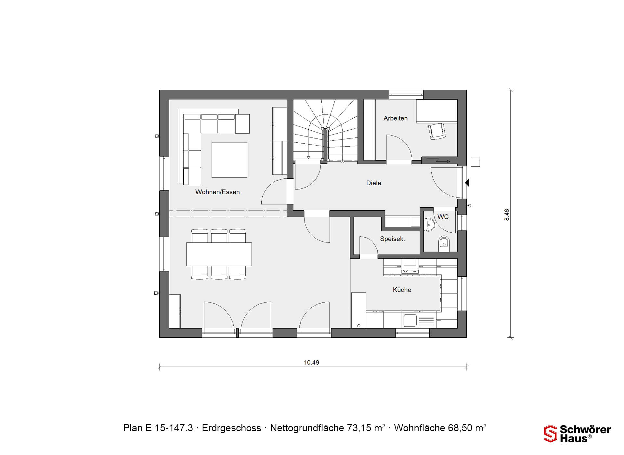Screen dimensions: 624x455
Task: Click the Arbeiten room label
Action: [x=395, y=118]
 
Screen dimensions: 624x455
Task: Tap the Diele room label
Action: [x=373, y=183]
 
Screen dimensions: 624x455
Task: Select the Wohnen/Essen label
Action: [x=217, y=192]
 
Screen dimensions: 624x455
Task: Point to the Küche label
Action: [x=402, y=290]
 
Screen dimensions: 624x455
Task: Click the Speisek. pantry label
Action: [x=392, y=239]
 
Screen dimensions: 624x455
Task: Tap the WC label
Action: [x=443, y=217]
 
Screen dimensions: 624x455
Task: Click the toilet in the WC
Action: [x=444, y=243]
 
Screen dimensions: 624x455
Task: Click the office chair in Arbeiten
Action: [x=437, y=131]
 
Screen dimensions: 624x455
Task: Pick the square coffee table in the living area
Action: [x=229, y=160]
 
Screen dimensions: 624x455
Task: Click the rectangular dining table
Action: [x=219, y=254]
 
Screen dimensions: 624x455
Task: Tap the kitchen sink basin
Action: [x=410, y=320]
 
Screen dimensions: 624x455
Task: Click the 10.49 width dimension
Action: [x=312, y=362]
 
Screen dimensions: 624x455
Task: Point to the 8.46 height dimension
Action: [x=507, y=215]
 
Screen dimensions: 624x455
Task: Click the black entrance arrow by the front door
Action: [x=467, y=183]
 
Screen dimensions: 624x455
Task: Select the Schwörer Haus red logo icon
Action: [x=551, y=434]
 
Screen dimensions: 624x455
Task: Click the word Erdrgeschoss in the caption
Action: [x=231, y=428]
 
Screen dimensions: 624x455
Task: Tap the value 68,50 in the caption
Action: [x=460, y=428]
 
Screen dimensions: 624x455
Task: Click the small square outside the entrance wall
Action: [x=475, y=162]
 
